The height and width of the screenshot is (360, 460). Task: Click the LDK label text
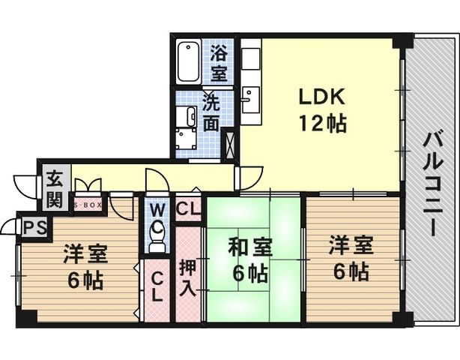tap(321, 96)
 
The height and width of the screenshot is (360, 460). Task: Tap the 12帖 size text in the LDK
tap(322, 123)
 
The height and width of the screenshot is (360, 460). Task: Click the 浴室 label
tap(220, 63)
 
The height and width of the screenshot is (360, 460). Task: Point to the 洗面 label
tap(211, 112)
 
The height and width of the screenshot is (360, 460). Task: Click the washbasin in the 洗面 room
tap(187, 116)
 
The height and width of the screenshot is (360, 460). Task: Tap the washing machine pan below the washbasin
tap(187, 139)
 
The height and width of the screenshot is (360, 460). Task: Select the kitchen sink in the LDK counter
tap(251, 99)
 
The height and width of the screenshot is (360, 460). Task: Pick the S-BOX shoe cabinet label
tap(88, 205)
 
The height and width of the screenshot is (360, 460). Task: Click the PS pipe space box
tap(35, 227)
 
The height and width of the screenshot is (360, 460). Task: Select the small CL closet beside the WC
tap(188, 209)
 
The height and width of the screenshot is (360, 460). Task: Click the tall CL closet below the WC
tap(157, 290)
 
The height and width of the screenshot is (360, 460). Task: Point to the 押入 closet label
tap(187, 277)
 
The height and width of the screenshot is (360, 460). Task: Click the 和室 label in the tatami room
tap(250, 247)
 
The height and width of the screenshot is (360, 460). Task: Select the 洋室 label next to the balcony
tap(351, 245)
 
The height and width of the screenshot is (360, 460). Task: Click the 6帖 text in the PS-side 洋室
tap(85, 280)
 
